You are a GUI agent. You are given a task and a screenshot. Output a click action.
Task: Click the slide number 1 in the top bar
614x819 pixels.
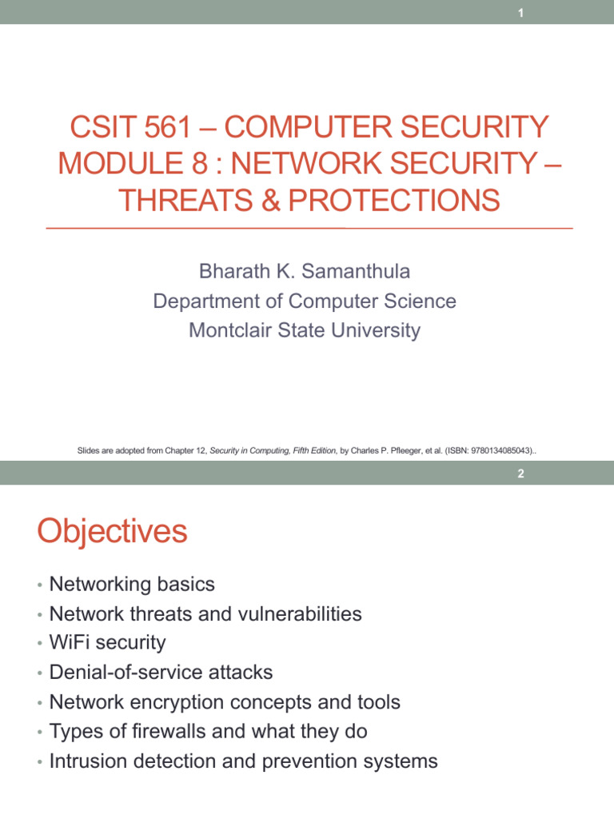520,12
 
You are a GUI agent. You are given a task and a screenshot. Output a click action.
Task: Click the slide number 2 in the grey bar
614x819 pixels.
520,473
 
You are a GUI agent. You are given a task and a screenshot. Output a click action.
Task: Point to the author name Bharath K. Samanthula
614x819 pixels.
304,271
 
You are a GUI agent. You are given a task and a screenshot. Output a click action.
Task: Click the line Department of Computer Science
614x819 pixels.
304,301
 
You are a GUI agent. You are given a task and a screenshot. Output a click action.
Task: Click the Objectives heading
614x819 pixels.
112,532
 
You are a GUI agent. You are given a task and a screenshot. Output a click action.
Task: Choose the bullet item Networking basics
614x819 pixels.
132,584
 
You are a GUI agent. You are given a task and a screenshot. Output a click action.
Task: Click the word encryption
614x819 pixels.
180,701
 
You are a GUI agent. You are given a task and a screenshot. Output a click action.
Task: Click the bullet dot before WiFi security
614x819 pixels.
39,644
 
